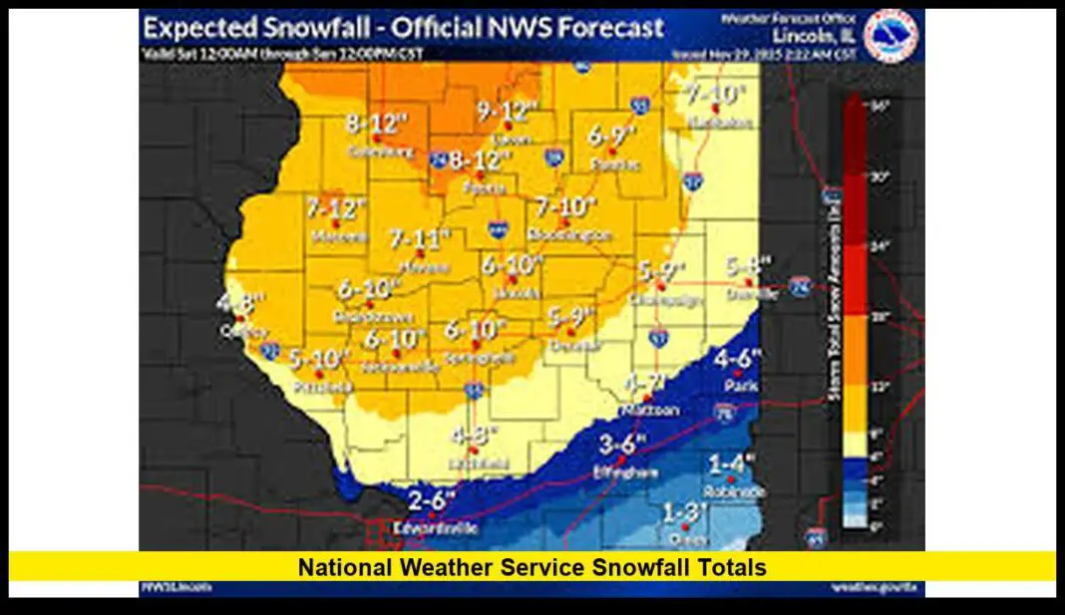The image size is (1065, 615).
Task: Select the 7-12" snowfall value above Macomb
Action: tap(336, 209)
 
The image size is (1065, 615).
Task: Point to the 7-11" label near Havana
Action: tap(420, 239)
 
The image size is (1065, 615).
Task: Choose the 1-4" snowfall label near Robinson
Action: tap(732, 463)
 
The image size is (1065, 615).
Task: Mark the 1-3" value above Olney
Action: tap(685, 512)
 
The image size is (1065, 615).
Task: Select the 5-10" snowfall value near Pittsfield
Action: tap(319, 358)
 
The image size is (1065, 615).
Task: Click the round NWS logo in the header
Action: tap(890, 36)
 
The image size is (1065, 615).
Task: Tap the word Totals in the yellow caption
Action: tap(732, 568)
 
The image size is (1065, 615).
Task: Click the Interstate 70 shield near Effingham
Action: tap(723, 410)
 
